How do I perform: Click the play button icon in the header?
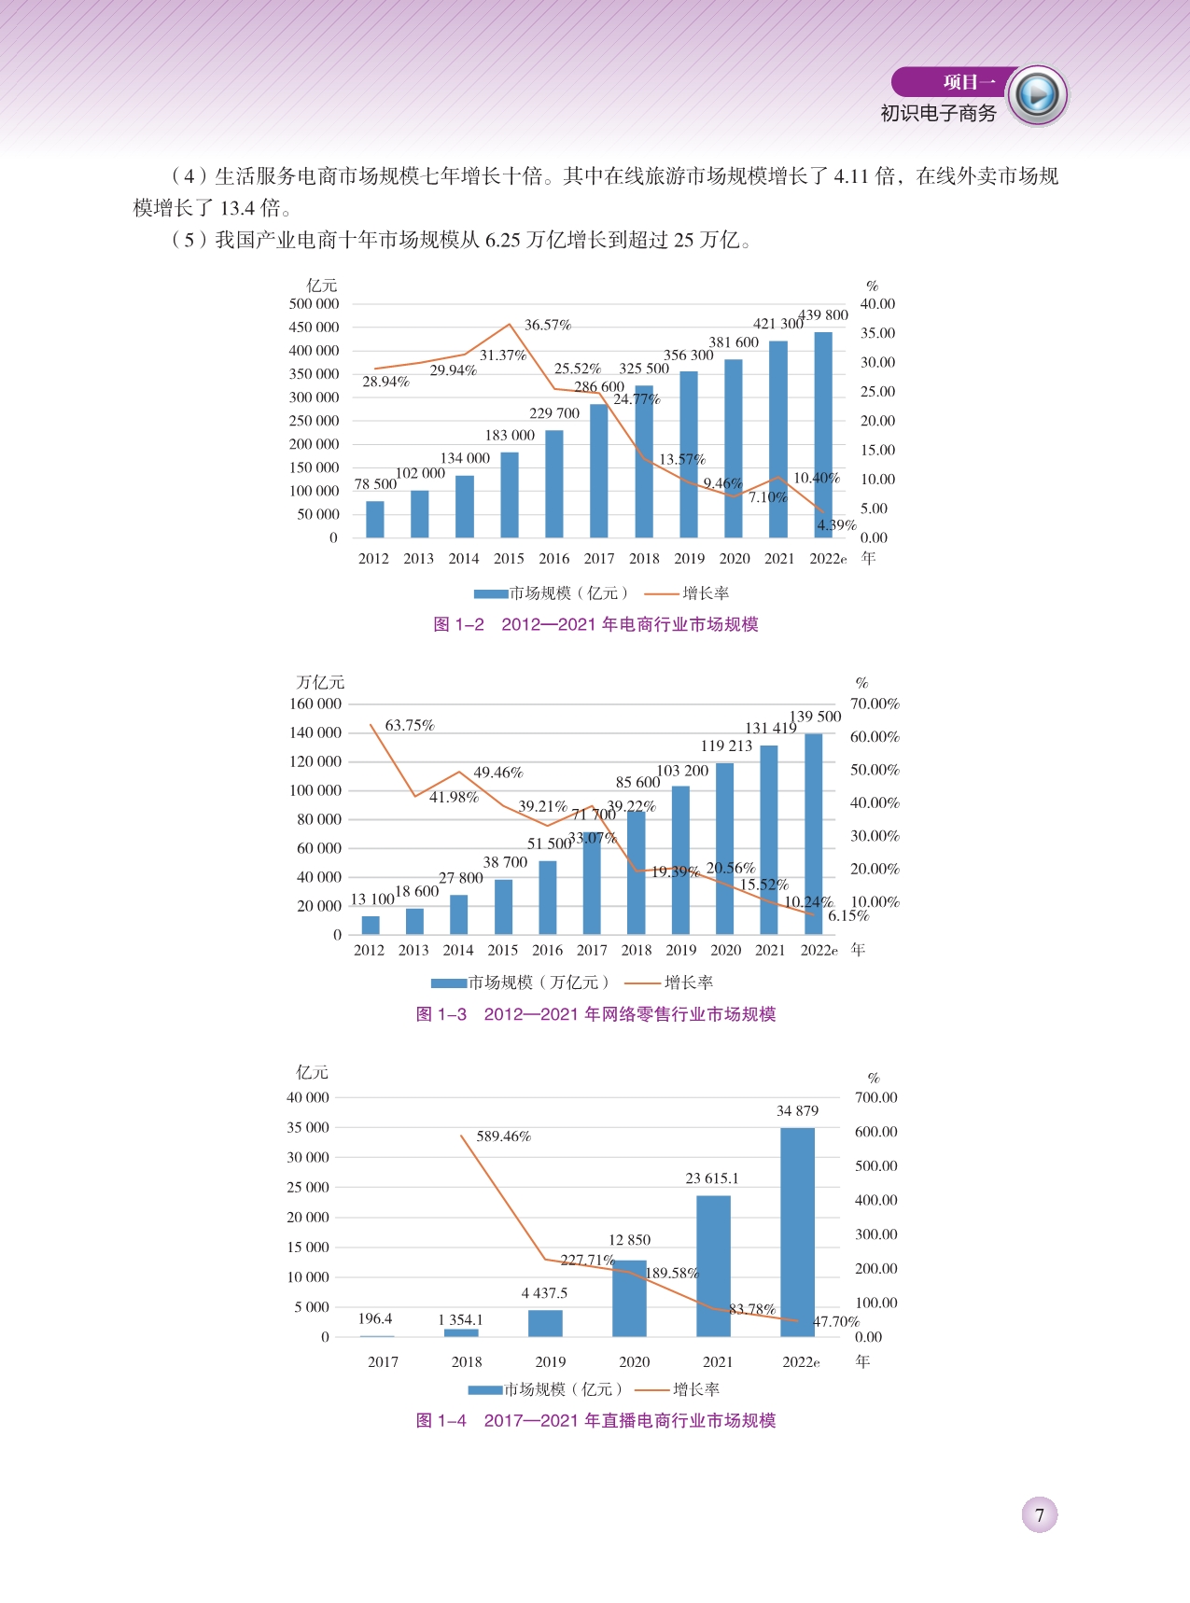[1037, 95]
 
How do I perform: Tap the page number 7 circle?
[1040, 1515]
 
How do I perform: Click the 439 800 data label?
[823, 315]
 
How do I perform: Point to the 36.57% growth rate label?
[548, 325]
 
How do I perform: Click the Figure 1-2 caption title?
[595, 624]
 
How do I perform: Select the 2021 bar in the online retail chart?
[769, 840]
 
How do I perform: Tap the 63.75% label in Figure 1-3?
[410, 725]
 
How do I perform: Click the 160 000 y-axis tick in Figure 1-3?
[315, 704]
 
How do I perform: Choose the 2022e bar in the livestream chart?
[798, 1232]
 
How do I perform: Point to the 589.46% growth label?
[504, 1136]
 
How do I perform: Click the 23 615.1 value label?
[712, 1178]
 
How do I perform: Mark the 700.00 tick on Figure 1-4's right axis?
[875, 1097]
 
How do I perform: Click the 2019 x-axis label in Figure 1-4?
[551, 1361]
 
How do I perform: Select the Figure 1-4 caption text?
[595, 1420]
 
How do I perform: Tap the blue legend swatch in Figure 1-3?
[449, 983]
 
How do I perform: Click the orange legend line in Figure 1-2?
[662, 593]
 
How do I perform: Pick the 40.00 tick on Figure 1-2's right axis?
[877, 304]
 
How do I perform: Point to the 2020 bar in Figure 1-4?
[630, 1299]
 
